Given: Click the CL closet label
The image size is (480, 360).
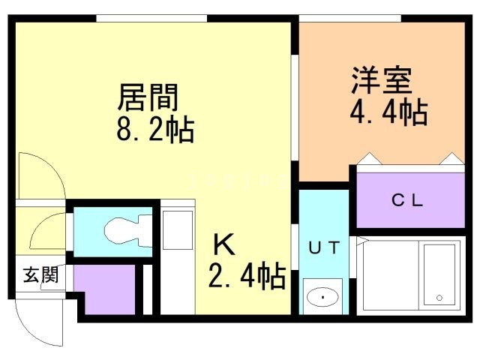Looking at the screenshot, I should [409, 200].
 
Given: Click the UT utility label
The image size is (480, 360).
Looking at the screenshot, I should [324, 247].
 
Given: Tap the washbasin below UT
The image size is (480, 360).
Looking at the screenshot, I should [323, 297].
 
